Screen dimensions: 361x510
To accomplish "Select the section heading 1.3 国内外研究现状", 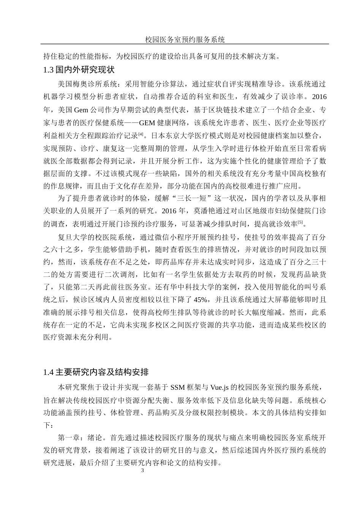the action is (79, 70).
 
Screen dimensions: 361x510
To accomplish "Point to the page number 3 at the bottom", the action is (142, 471).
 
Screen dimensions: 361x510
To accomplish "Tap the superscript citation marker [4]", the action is (141, 134).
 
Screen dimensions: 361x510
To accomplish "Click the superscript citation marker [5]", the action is (300, 222).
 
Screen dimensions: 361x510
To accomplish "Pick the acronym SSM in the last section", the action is (178, 387).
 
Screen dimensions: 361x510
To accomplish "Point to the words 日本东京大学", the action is (168, 135).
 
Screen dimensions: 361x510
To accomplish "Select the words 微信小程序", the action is (177, 238).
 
